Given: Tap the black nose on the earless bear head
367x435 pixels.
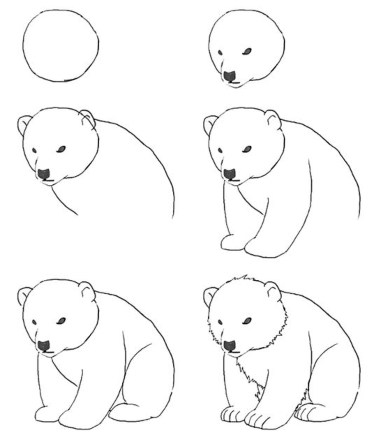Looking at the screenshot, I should pyautogui.click(x=230, y=76).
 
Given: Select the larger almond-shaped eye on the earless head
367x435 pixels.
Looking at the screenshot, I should pyautogui.click(x=247, y=51).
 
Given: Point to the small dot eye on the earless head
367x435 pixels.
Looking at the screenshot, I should pyautogui.click(x=220, y=53).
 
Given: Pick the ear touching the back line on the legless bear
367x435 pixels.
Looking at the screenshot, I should pyautogui.click(x=88, y=117).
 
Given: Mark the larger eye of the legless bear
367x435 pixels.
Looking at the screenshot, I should pyautogui.click(x=62, y=149).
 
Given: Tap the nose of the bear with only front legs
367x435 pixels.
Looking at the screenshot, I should pyautogui.click(x=230, y=174).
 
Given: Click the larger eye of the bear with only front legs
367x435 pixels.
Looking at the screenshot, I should pyautogui.click(x=247, y=149).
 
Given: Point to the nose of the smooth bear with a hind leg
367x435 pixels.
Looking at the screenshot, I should pyautogui.click(x=44, y=346).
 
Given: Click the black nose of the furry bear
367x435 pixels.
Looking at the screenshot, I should pyautogui.click(x=229, y=346).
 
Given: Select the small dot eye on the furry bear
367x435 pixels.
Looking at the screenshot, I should pyautogui.click(x=220, y=322).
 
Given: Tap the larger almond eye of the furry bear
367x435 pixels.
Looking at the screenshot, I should pyautogui.click(x=247, y=320).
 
